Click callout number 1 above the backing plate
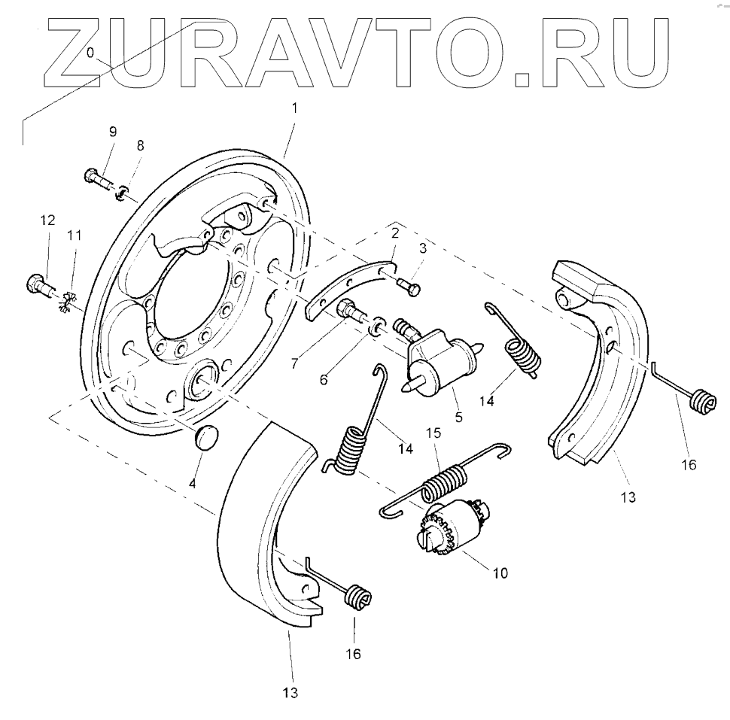(x=294, y=108)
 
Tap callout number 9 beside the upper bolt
(x=113, y=132)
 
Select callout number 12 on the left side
(x=47, y=220)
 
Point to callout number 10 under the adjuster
(x=500, y=573)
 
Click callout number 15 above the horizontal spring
(x=433, y=435)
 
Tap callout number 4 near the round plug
(x=192, y=484)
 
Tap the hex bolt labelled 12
(x=39, y=285)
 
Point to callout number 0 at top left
(x=90, y=53)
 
